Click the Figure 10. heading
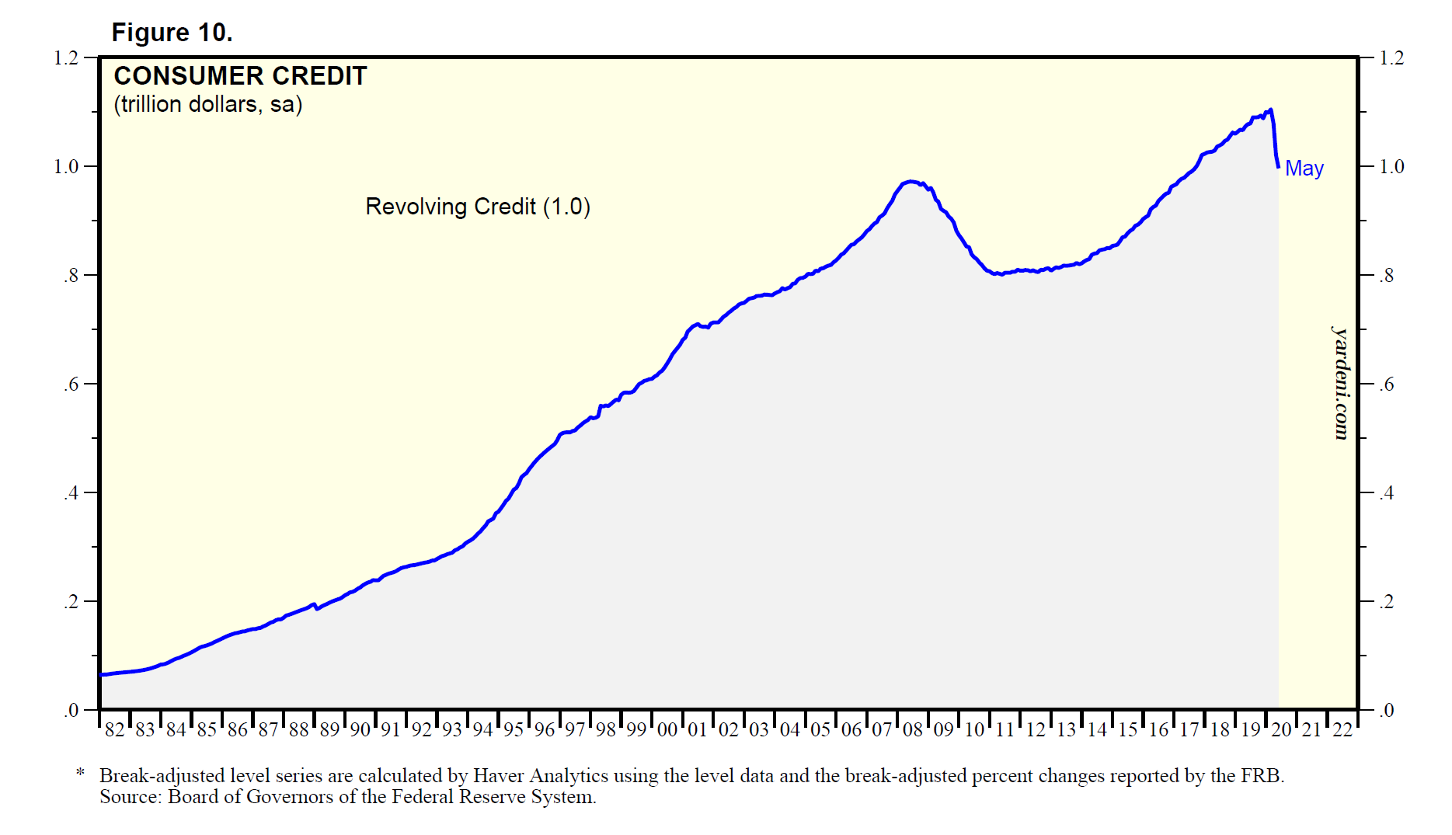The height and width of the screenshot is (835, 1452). tap(172, 33)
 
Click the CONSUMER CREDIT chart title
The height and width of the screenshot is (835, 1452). tap(240, 76)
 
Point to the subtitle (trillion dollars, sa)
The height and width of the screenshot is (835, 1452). tap(208, 104)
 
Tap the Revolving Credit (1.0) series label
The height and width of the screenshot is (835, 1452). tap(478, 207)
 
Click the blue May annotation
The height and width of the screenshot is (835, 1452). tap(1304, 169)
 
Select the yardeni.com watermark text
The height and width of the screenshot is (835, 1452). tap(1340, 383)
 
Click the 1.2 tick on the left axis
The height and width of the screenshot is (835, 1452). tap(66, 58)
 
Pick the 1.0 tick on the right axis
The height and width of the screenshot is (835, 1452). tap(1391, 167)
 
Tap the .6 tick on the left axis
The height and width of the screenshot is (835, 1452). tap(71, 384)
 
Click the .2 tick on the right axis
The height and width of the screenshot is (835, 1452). tap(1387, 602)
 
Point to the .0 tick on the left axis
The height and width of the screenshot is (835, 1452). tap(71, 711)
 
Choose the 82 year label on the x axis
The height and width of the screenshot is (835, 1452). tap(114, 730)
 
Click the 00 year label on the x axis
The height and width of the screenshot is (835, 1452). tap(667, 730)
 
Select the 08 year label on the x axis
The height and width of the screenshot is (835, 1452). tap(913, 730)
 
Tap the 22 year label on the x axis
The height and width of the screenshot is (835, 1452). tap(1342, 730)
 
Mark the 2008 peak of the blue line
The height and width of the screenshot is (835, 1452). tap(911, 182)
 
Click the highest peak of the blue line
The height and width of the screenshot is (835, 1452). tap(1270, 110)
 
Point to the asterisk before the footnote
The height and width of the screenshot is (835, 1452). tap(80, 774)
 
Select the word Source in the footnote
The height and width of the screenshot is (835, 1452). tap(129, 797)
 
